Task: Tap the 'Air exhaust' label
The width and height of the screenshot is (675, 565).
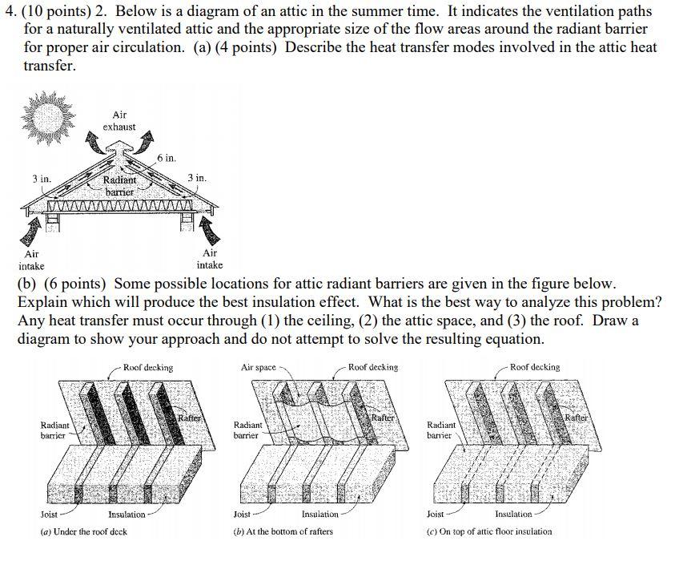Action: (119, 121)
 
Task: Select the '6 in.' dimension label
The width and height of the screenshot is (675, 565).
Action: (167, 158)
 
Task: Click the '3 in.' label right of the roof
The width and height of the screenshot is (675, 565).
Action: (197, 177)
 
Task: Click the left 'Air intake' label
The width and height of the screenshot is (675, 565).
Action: (32, 259)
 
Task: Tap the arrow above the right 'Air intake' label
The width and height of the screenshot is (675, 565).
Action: (209, 232)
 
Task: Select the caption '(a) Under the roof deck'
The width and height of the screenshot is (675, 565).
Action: (83, 531)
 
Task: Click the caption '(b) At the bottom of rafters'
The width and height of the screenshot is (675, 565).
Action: (283, 531)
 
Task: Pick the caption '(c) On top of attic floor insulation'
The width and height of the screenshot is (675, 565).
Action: (489, 531)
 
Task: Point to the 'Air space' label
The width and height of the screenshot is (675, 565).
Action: (258, 367)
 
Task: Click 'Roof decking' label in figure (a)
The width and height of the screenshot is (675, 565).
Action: (148, 367)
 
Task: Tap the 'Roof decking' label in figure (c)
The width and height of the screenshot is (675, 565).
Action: (535, 367)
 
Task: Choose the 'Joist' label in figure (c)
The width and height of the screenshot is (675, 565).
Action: (436, 514)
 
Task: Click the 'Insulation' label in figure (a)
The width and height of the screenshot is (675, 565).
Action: (127, 514)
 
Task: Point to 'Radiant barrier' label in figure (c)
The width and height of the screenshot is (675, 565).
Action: (442, 430)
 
